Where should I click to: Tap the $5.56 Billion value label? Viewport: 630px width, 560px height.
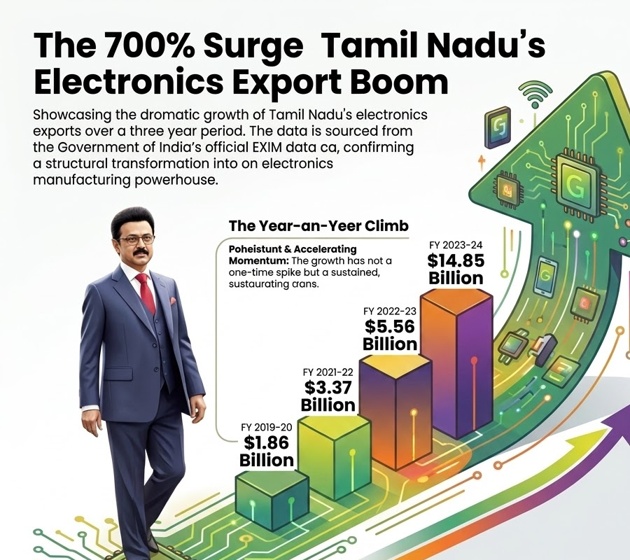[x=390, y=335]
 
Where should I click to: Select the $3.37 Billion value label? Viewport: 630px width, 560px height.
[x=328, y=395]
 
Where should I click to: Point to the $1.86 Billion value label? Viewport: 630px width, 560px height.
[x=267, y=451]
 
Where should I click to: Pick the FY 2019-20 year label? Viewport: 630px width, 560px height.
[x=267, y=427]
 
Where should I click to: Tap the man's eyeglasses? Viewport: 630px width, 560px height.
[x=136, y=239]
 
